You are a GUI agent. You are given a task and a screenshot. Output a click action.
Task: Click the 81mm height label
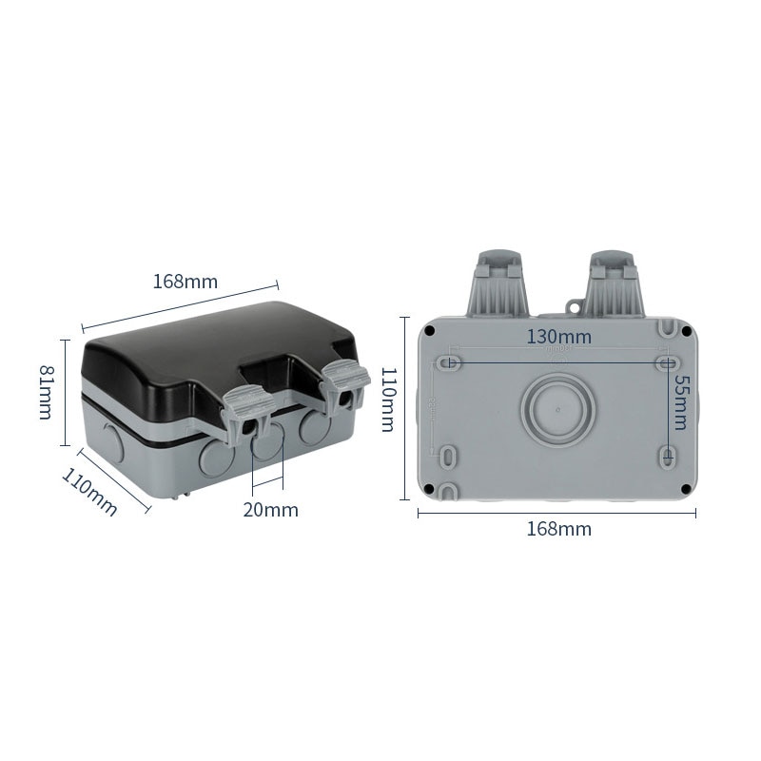46,391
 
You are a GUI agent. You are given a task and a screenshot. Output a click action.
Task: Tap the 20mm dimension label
270,510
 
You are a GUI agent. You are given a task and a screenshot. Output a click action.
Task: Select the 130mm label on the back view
559,337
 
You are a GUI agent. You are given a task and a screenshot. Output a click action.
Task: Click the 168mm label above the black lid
185,282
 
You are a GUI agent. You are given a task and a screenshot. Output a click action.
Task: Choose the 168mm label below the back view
558,529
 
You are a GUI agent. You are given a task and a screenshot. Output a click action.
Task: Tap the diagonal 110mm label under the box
89,492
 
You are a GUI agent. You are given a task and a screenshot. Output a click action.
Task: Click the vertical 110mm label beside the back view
388,400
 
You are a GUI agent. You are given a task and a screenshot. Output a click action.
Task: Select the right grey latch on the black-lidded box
345,385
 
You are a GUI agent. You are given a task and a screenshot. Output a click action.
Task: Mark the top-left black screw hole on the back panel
431,331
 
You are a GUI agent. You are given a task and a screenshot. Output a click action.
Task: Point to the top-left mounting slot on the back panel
451,362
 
